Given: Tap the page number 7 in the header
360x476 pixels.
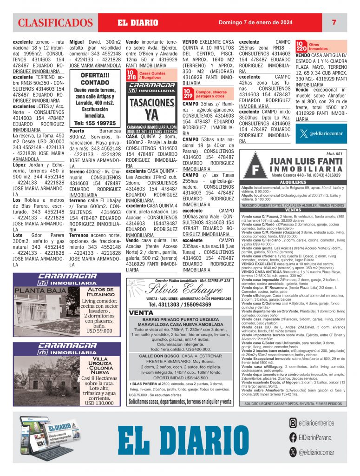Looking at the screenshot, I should (x=334, y=22).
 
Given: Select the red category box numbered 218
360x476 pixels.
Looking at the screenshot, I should (x=131, y=75).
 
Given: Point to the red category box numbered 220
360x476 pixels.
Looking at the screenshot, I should (x=301, y=46).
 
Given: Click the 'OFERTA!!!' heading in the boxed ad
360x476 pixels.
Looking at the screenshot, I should (x=95, y=76).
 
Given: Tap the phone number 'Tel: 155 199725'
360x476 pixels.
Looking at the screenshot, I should (x=95, y=123).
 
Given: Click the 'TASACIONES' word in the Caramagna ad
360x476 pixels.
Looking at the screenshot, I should (x=151, y=102).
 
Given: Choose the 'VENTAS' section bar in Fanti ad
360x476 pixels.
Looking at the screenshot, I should (x=293, y=210).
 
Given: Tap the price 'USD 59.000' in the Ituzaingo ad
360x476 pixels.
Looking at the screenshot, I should (x=99, y=331).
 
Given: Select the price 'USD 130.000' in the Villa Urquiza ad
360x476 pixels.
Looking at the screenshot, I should (x=99, y=403).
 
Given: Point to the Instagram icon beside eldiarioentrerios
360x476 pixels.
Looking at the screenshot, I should (x=293, y=423).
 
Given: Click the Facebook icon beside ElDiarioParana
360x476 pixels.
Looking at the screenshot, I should (x=293, y=437).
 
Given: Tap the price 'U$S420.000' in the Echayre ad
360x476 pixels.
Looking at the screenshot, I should (x=197, y=349).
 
